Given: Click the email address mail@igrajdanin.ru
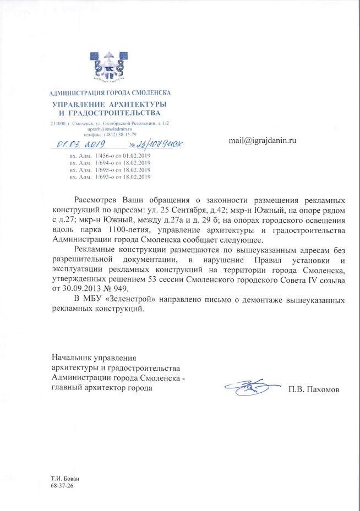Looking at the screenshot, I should tap(263, 141).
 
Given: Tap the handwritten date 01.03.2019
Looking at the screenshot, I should tap(81, 145).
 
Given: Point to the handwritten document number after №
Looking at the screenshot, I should tap(160, 145).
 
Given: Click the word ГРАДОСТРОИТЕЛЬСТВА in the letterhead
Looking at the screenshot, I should tap(116, 113).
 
